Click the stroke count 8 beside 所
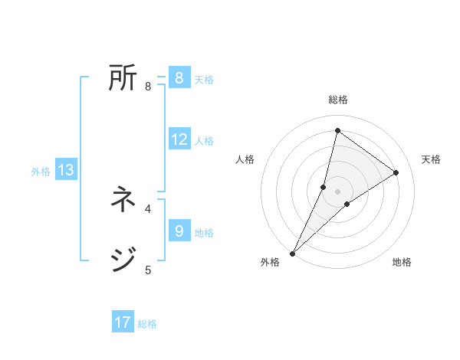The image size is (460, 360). pyautogui.click(x=148, y=87)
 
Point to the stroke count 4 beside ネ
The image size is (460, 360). pyautogui.click(x=148, y=208)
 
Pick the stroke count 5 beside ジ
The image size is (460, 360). pyautogui.click(x=148, y=270)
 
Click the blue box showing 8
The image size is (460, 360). pyautogui.click(x=179, y=78)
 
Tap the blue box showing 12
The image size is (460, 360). pyautogui.click(x=179, y=139)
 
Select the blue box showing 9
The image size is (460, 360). pyautogui.click(x=179, y=231)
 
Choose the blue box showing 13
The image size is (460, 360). pyautogui.click(x=66, y=170)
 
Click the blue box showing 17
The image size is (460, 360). pyautogui.click(x=123, y=322)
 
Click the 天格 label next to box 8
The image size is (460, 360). pyautogui.click(x=204, y=80)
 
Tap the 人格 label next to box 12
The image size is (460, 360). pyautogui.click(x=204, y=141)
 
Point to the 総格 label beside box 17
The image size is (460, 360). pyautogui.click(x=147, y=324)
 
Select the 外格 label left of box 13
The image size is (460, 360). pyautogui.click(x=41, y=172)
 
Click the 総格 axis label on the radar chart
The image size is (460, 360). pyautogui.click(x=337, y=100)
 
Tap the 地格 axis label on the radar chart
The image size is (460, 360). pyautogui.click(x=402, y=262)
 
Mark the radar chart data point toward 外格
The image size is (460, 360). pyautogui.click(x=293, y=253)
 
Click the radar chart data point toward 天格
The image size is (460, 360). pyautogui.click(x=396, y=172)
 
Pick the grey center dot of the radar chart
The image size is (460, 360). pyautogui.click(x=337, y=191)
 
